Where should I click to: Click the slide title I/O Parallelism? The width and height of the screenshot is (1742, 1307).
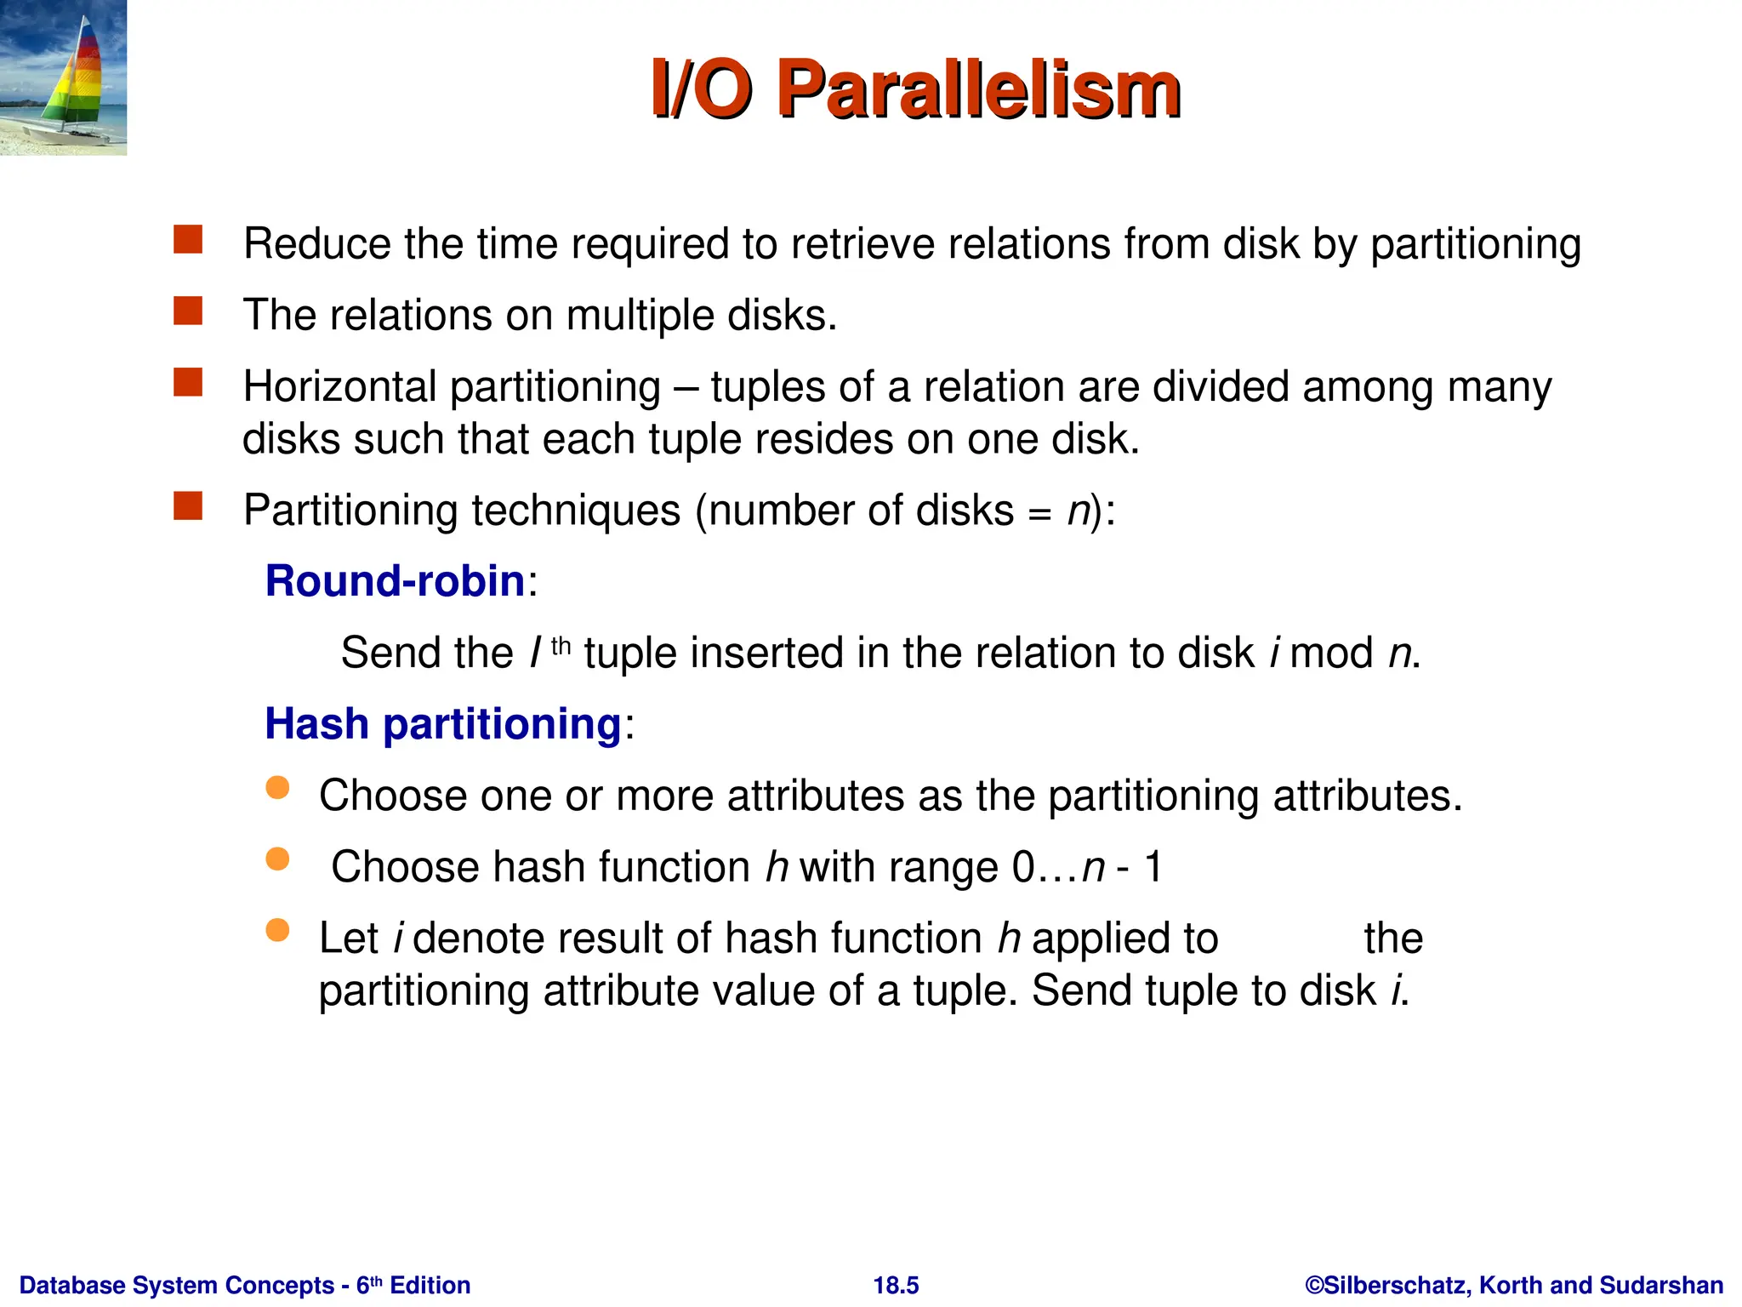tap(915, 89)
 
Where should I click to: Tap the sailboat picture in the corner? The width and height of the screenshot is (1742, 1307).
tap(63, 77)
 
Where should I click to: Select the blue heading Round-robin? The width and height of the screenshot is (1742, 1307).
tap(395, 581)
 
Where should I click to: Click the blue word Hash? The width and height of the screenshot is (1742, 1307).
tap(316, 724)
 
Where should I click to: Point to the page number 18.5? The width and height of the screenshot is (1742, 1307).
tap(896, 1285)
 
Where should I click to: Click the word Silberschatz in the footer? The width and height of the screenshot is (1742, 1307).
tap(1396, 1285)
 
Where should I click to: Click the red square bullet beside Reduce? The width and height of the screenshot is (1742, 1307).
tap(188, 240)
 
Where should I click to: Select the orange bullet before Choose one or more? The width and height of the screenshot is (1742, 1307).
tap(277, 787)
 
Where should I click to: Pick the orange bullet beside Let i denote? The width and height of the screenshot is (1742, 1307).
tap(277, 930)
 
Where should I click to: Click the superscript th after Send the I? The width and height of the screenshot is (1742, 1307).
tap(561, 647)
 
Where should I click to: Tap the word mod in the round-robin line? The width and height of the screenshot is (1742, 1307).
tap(1331, 653)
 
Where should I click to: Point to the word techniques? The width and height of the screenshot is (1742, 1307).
tap(577, 511)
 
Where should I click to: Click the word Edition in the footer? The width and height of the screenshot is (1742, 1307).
tap(430, 1285)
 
